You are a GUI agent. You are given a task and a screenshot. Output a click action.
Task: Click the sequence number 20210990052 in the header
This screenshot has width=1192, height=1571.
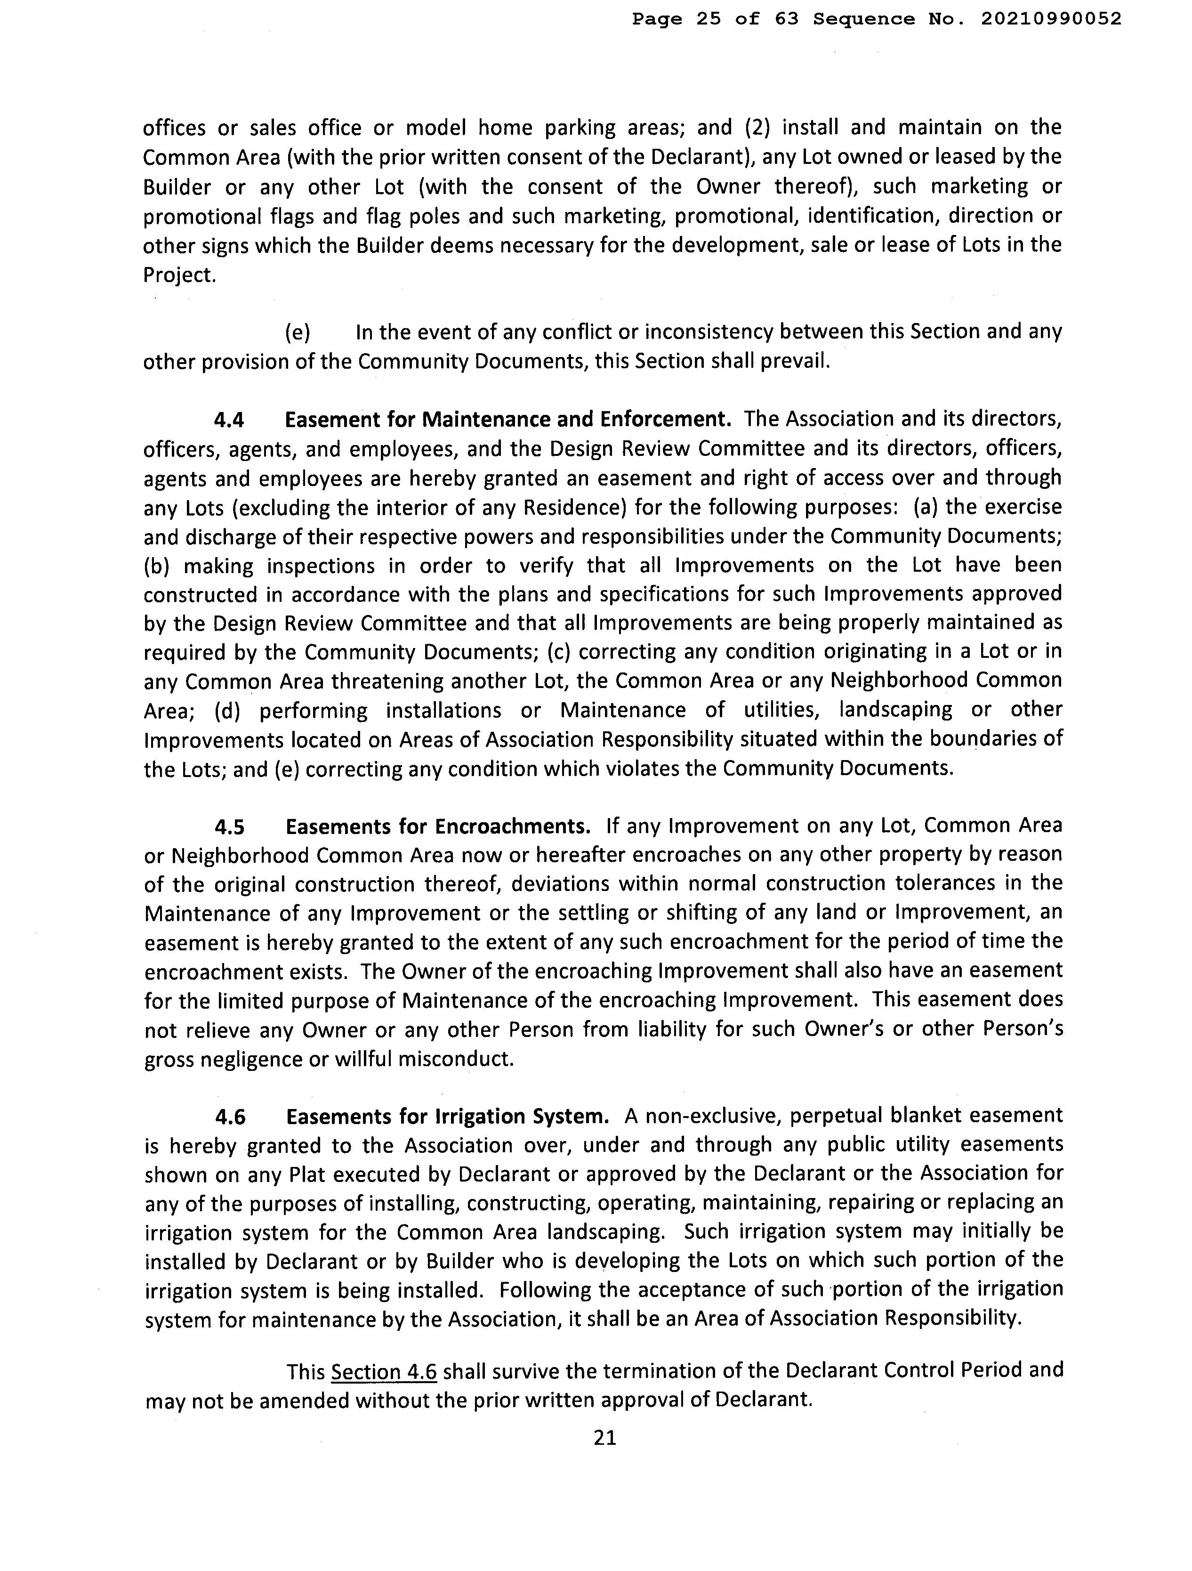coord(1051,19)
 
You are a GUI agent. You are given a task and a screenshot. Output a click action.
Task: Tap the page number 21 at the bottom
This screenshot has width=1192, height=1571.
coord(605,1438)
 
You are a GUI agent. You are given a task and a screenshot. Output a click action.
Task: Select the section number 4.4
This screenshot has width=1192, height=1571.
coord(229,420)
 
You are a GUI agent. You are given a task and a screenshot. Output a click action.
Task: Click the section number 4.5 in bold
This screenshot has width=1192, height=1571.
coord(230,826)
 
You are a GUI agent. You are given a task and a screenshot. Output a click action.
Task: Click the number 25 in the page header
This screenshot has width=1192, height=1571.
coord(708,19)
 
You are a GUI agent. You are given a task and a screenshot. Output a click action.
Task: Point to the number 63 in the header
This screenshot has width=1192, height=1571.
coord(786,19)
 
